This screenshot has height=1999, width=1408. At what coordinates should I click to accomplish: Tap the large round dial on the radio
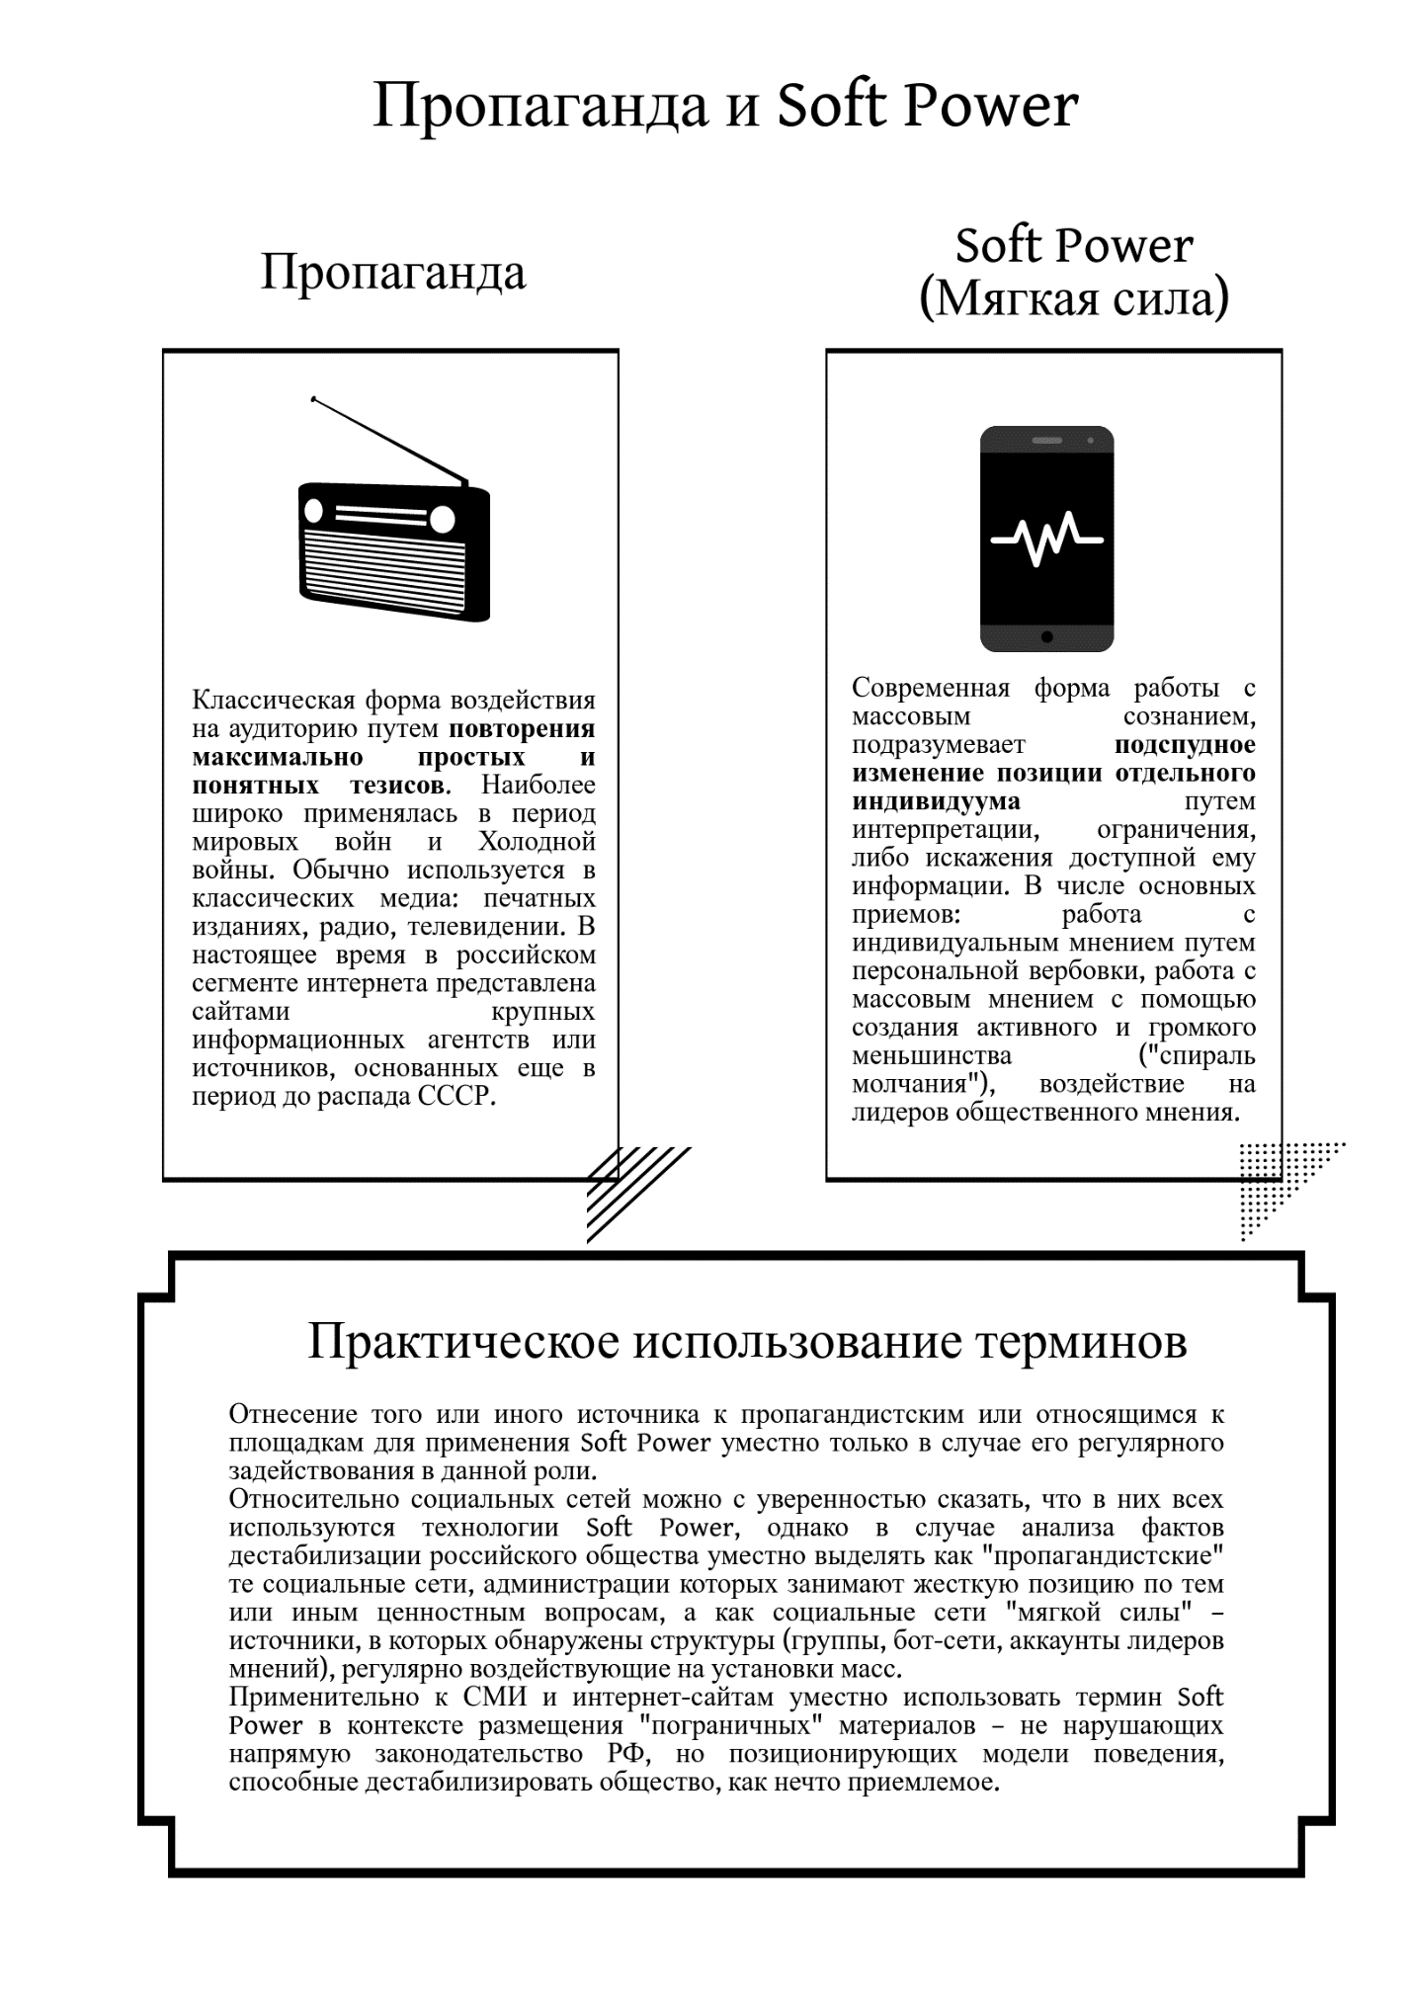tap(441, 519)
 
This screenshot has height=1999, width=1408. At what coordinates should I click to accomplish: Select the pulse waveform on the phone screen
tap(1046, 540)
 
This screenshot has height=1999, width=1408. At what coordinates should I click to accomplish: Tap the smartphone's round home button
tap(1046, 637)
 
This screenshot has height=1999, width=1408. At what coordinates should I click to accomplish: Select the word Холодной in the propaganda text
tap(537, 842)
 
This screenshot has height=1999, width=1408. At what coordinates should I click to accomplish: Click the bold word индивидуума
tap(936, 800)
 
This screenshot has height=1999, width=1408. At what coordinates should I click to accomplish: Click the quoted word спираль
tap(1198, 1055)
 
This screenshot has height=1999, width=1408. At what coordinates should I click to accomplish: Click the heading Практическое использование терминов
tap(747, 1341)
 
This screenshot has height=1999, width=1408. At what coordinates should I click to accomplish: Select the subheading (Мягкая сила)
tap(1074, 297)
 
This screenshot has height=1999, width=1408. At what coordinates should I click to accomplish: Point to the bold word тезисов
tap(400, 786)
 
